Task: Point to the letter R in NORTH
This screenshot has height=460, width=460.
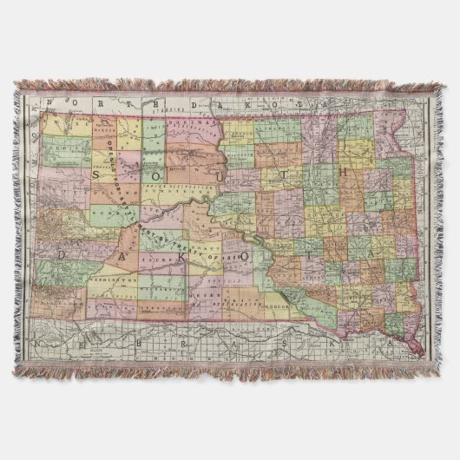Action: pos(102,103)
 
